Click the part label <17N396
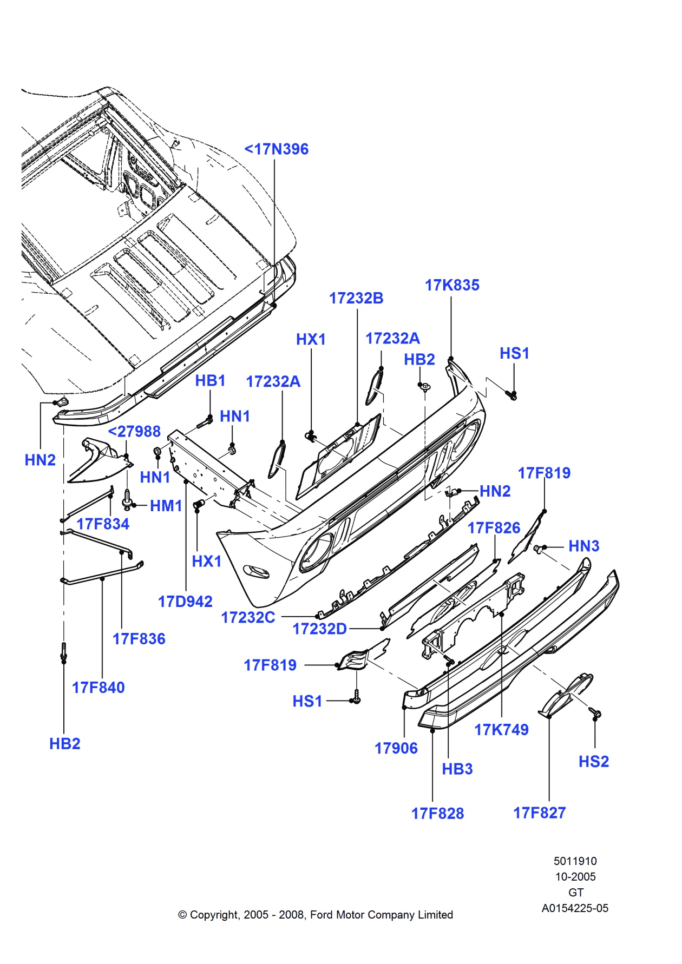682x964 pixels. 276,149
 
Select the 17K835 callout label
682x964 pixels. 452,285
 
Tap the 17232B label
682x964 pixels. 356,298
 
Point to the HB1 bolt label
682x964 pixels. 210,381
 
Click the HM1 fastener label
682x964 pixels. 166,506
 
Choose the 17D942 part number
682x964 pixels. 185,602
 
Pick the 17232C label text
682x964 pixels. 248,617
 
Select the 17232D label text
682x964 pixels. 319,629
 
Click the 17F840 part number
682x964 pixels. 99,688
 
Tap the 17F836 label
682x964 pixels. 139,639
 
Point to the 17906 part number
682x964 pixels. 396,748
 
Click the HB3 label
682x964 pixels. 457,769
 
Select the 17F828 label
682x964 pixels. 437,813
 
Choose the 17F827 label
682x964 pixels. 540,813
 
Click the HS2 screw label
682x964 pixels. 594,762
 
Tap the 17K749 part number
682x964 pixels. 501,730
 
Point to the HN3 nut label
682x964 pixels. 583,546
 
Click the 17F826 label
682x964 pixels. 494,528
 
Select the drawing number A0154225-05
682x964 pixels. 575,908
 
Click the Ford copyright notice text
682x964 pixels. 316,915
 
